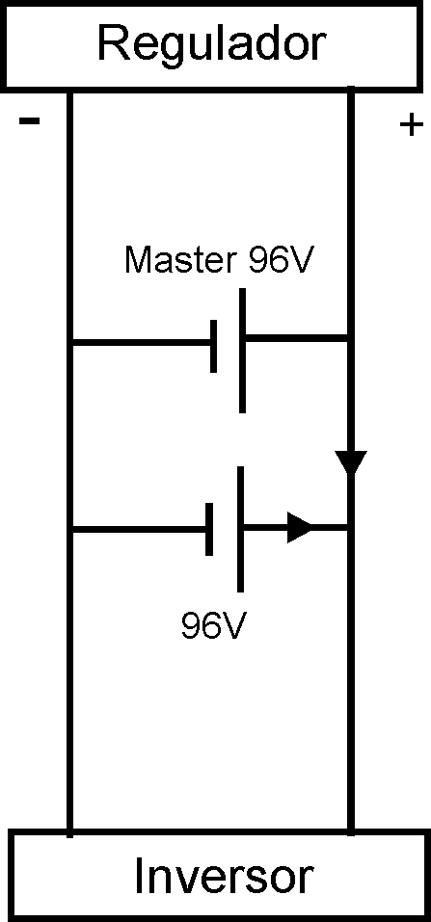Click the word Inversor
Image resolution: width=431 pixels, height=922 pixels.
[x=222, y=877]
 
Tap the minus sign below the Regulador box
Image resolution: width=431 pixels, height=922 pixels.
[x=30, y=121]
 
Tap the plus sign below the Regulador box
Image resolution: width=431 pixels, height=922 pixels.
[x=411, y=124]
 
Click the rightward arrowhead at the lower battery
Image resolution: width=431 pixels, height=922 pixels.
[x=300, y=527]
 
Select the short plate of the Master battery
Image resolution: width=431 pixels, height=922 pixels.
[x=214, y=346]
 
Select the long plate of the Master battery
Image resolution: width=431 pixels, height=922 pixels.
[x=242, y=351]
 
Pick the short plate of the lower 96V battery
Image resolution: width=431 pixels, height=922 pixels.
[x=209, y=529]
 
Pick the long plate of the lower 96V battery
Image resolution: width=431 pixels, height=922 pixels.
[x=240, y=529]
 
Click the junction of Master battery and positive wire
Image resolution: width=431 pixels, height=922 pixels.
[x=351, y=337]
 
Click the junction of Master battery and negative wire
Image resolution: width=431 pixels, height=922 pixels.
[x=70, y=342]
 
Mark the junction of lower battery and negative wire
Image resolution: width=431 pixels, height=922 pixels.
[x=70, y=531]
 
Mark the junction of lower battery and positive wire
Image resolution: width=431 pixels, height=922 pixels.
[x=351, y=527]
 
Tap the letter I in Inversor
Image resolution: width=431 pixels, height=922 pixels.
[x=139, y=877]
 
